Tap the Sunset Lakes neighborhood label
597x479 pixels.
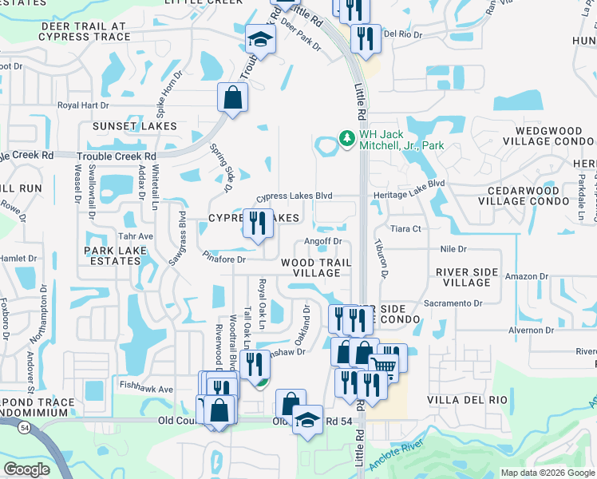pyautogui.click(x=134, y=126)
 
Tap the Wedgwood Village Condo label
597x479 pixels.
pyautogui.click(x=548, y=135)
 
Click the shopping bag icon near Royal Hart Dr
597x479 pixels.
pyautogui.click(x=232, y=98)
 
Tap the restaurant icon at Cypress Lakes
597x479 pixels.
pyautogui.click(x=257, y=224)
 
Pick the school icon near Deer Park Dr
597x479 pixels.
pyautogui.click(x=259, y=39)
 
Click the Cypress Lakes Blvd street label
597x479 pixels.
pyautogui.click(x=305, y=196)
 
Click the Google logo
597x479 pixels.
pyautogui.click(x=27, y=469)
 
